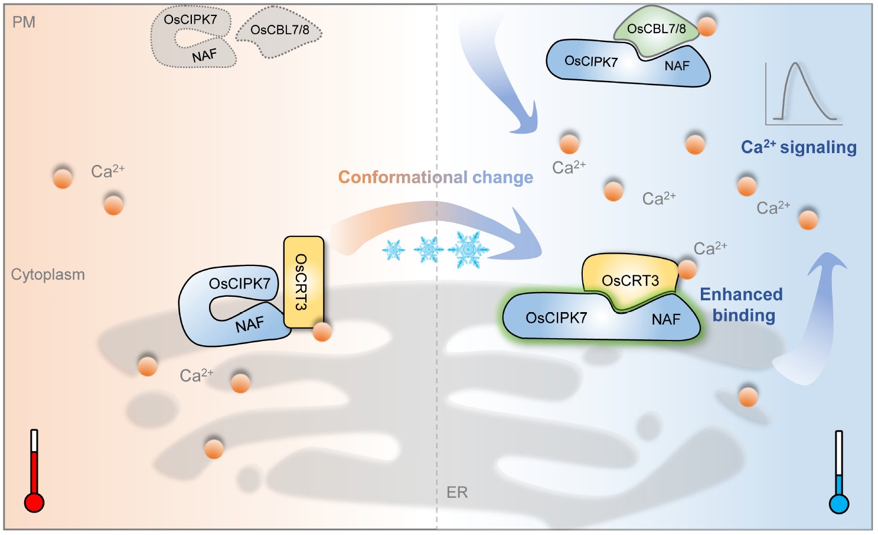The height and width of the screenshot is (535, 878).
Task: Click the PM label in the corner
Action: point(24,22)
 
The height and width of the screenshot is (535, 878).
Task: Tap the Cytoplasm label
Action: point(48,275)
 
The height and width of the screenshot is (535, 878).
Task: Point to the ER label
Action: point(457,492)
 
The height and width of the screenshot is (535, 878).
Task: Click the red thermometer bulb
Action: point(34,503)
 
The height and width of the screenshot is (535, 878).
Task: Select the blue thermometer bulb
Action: point(839,504)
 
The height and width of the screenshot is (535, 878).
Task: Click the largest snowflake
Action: point(468,249)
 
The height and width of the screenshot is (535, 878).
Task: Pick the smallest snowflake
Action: point(393,250)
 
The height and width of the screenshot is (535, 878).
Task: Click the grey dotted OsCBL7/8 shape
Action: point(279,34)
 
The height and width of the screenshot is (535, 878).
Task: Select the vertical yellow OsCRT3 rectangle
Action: point(303,282)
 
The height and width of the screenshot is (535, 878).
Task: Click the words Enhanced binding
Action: point(742,305)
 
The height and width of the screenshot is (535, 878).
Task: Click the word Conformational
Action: point(403,177)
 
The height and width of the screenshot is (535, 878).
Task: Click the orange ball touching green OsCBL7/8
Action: point(707,27)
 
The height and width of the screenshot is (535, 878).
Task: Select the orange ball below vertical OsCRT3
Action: point(322,332)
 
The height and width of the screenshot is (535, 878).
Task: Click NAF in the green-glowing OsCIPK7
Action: point(666,319)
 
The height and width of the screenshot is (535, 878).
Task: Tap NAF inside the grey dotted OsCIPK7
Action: point(204,56)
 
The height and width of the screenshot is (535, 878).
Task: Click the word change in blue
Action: point(502,177)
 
